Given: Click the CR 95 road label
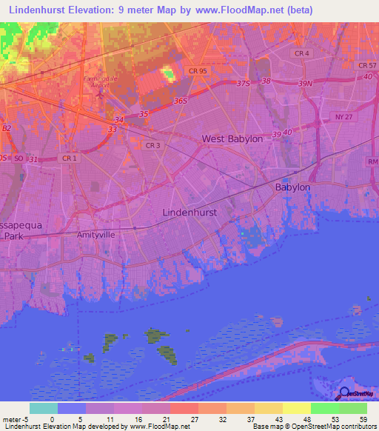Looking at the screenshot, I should click(197, 71).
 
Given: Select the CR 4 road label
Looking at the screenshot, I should click(301, 54).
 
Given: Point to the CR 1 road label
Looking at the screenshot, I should click(69, 158).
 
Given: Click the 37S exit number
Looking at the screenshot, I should click(245, 84).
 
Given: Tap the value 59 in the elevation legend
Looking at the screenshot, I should click(363, 418).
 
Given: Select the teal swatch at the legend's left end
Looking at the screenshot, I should click(44, 408).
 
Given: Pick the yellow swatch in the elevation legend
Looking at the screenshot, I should click(296, 408).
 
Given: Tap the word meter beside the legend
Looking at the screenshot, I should click(13, 418).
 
